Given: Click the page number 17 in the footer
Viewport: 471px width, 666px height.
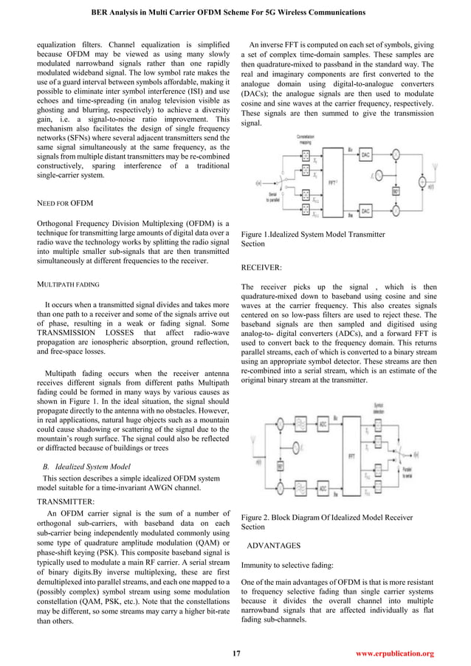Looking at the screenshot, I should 236,653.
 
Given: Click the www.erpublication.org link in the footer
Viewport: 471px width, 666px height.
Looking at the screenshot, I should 394,653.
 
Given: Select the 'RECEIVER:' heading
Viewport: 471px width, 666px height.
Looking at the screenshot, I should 264,270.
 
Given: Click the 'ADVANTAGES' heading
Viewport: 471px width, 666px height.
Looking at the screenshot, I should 273,545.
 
